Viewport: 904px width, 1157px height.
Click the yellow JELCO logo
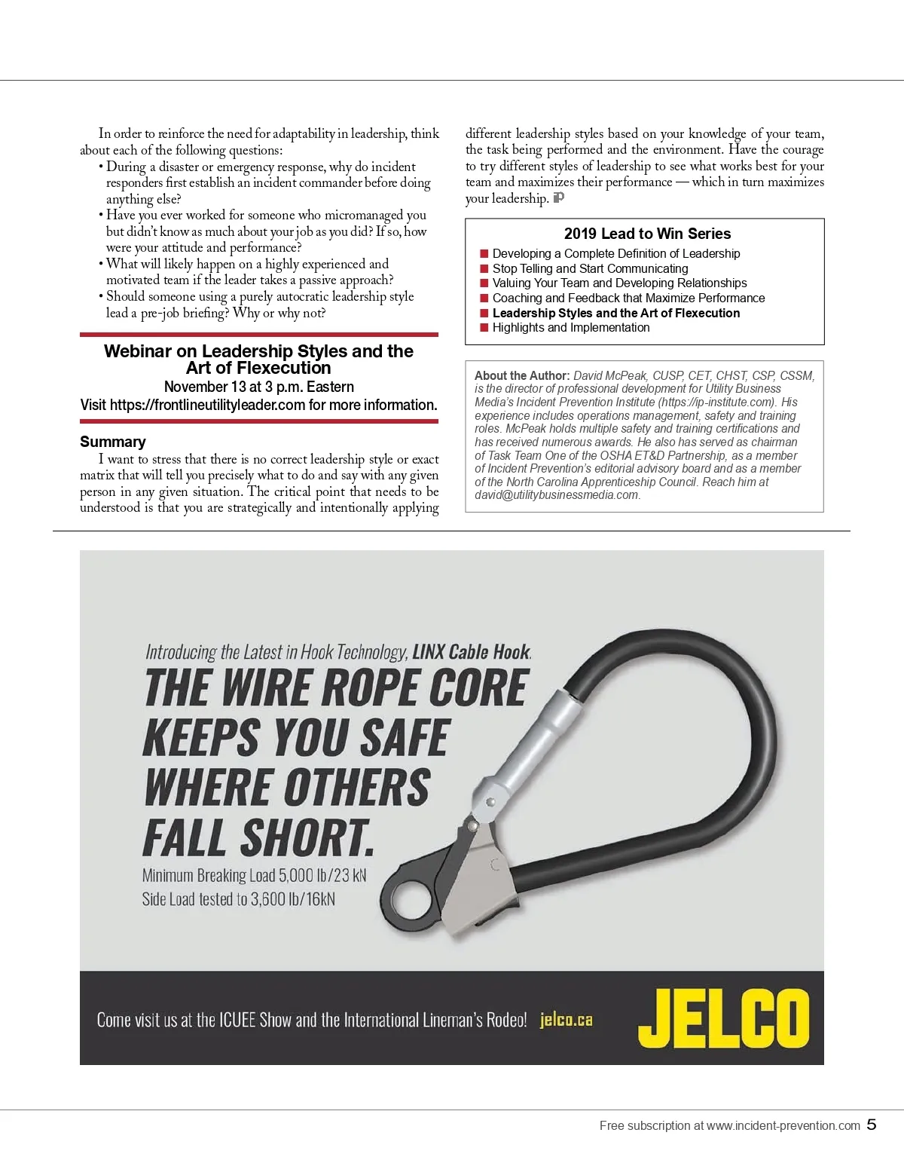723,1018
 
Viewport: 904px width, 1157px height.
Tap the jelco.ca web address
566,1021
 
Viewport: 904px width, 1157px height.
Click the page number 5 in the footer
872,1125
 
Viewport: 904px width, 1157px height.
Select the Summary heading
113,442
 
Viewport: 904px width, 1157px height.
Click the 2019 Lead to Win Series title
647,234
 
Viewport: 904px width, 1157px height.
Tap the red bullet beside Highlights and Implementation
484,328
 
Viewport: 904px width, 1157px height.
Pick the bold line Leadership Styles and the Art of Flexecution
615,313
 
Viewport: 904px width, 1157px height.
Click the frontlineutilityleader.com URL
207,405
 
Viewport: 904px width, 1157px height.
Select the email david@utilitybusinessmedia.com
557,495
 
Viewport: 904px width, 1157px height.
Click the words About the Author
521,375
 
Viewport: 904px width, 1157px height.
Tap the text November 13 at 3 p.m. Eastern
258,387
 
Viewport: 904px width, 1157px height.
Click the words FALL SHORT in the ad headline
258,837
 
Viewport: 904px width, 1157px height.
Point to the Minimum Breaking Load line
254,876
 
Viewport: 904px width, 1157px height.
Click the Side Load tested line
238,899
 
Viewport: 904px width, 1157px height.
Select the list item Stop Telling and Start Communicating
590,268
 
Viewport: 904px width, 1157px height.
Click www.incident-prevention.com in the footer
783,1125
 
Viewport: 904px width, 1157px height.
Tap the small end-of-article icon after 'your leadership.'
558,198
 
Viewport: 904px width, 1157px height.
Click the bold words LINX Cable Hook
472,652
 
